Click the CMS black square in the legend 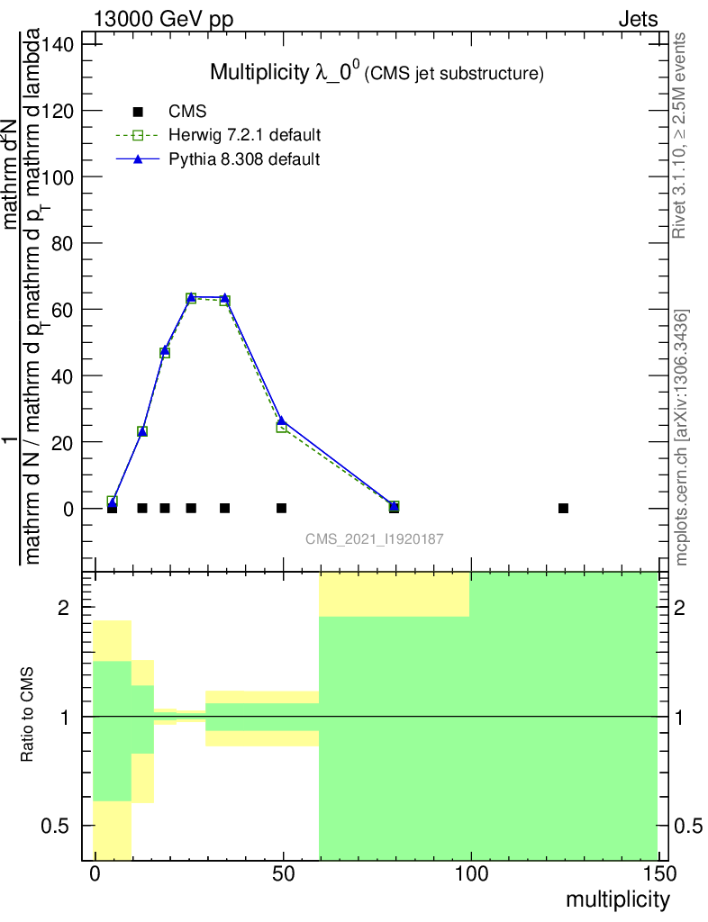click(138, 113)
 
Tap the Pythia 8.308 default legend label click(244, 159)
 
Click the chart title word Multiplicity click(259, 72)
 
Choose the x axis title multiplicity click(618, 899)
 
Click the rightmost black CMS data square click(563, 508)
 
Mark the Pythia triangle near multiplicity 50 click(282, 420)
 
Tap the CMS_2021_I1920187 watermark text click(374, 538)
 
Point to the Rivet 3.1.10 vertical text click(680, 135)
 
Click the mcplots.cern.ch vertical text click(682, 437)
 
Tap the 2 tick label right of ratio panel click(690, 608)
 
